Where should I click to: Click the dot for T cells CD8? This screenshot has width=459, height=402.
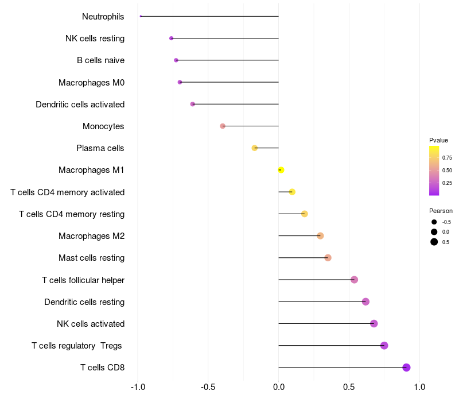[x=406, y=368]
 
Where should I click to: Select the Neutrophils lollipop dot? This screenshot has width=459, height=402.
[x=141, y=17]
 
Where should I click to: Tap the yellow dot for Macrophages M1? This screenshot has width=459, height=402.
[x=281, y=170]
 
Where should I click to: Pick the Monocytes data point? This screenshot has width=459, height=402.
[x=223, y=126]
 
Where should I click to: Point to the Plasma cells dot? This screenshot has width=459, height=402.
[x=255, y=148]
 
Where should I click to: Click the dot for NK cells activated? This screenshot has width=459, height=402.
[x=374, y=323]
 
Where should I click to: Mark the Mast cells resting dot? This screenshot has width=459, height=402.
[x=328, y=258]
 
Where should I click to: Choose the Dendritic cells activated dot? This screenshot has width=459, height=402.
[x=193, y=104]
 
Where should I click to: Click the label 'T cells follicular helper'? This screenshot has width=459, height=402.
[x=83, y=280]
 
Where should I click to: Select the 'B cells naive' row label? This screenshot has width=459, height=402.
[x=101, y=60]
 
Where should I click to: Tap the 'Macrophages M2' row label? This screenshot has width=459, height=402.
[x=91, y=236]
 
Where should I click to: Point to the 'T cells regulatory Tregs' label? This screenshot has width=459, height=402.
[x=77, y=346]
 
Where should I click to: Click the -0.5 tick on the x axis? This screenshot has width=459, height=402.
[x=208, y=387]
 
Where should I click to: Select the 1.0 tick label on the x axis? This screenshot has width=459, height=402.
[x=419, y=387]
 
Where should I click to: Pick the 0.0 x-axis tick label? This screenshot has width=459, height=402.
[x=279, y=387]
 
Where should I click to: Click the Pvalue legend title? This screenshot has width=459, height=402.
[x=438, y=140]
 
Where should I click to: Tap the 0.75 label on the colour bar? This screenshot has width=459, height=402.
[x=447, y=157]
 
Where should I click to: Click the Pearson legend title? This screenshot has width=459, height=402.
[x=441, y=211]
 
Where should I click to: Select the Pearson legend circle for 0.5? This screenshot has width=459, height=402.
[x=434, y=242]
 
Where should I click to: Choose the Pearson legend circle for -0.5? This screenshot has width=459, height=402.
[x=434, y=222]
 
